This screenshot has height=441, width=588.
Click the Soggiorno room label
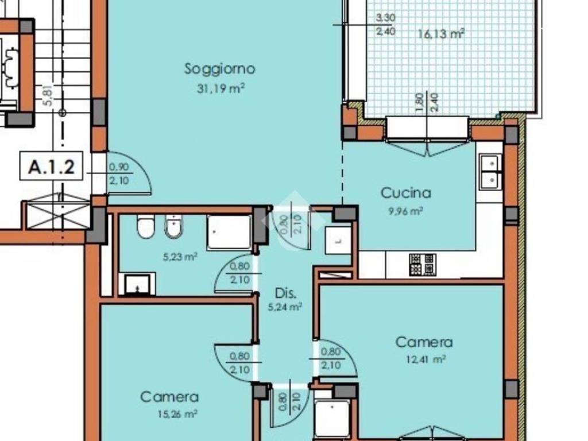click(x=220, y=69)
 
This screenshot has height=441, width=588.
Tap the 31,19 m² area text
click(x=221, y=88)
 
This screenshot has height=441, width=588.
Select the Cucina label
click(x=406, y=193)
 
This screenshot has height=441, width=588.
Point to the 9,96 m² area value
click(x=406, y=211)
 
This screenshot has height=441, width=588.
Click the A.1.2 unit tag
click(x=51, y=167)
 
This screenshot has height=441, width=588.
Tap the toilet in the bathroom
click(x=145, y=226)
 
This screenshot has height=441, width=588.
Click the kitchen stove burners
click(x=423, y=264)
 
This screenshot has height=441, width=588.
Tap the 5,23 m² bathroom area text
click(x=180, y=257)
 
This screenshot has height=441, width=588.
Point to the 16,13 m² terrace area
click(x=442, y=34)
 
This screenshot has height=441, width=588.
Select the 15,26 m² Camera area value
click(x=177, y=414)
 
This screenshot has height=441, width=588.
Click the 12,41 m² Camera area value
click(x=426, y=359)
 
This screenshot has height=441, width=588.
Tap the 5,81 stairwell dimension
click(x=49, y=95)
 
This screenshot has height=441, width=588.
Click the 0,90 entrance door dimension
click(x=119, y=167)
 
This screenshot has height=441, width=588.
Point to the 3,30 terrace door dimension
click(x=385, y=18)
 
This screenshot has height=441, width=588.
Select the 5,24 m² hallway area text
click(x=285, y=307)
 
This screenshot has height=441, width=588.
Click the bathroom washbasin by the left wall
click(x=137, y=284)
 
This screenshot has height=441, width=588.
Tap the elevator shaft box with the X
click(x=58, y=216)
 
